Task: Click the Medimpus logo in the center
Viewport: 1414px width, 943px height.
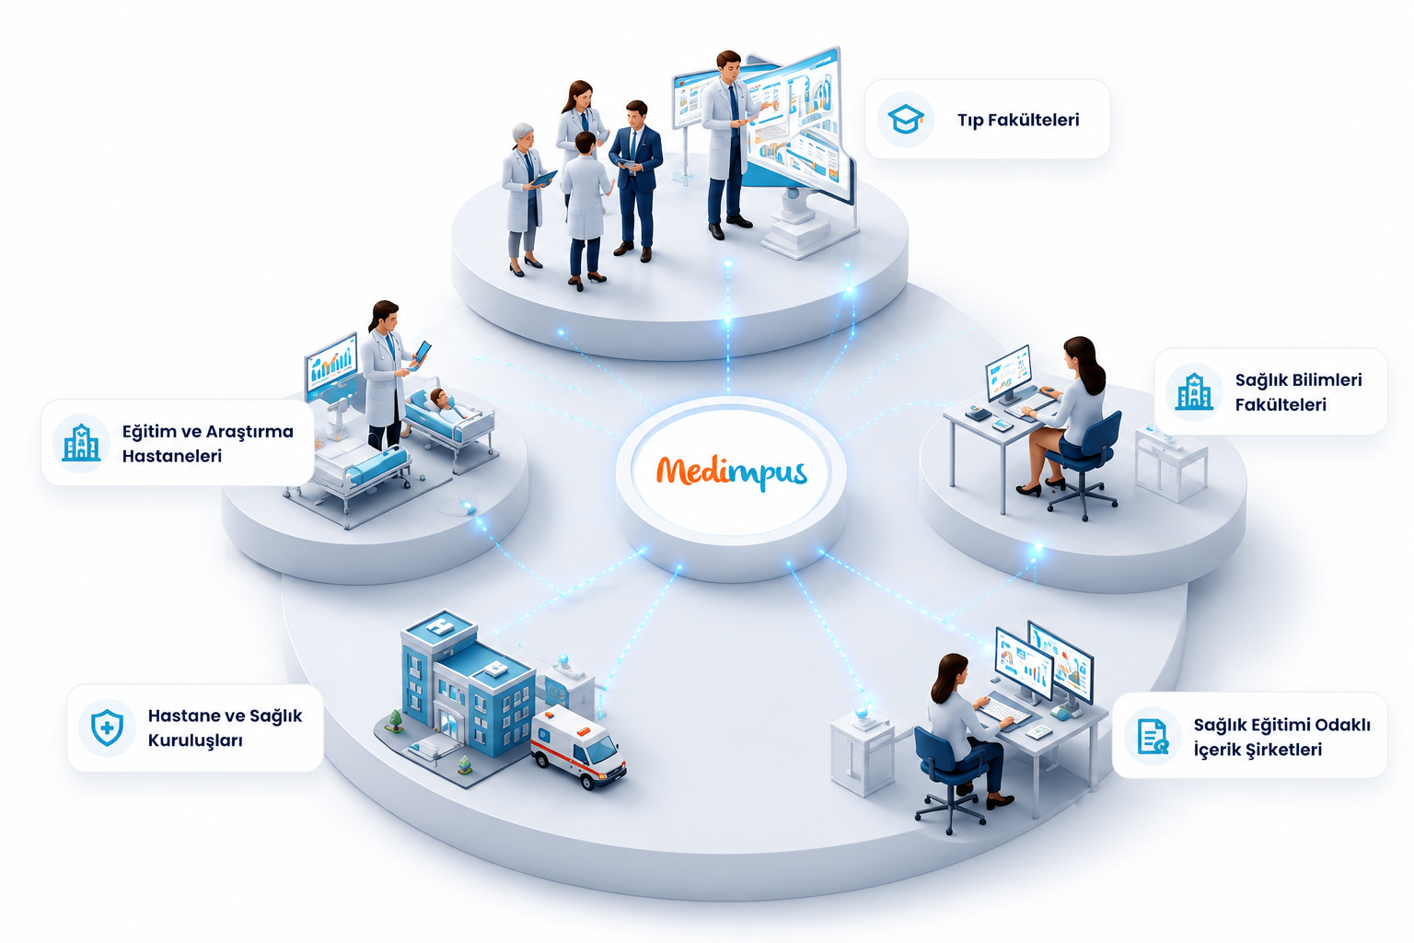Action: coord(732,472)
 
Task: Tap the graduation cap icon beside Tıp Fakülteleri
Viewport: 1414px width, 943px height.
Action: coord(905,119)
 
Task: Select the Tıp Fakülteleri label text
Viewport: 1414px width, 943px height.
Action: coord(1018,120)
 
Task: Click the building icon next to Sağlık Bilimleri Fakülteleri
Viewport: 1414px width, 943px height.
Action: coord(1194,391)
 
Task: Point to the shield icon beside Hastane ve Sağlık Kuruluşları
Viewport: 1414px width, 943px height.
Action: coord(108,728)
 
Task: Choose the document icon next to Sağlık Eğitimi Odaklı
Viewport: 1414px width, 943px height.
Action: coord(1153,737)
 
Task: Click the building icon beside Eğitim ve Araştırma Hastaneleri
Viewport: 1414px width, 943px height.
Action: coord(81,442)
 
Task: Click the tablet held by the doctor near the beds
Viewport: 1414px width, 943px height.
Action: coord(420,355)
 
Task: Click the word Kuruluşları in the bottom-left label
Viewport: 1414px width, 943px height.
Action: coord(195,740)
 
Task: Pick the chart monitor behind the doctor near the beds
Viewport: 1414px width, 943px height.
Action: coord(330,367)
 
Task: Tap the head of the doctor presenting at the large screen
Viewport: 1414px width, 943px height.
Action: coord(728,65)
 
